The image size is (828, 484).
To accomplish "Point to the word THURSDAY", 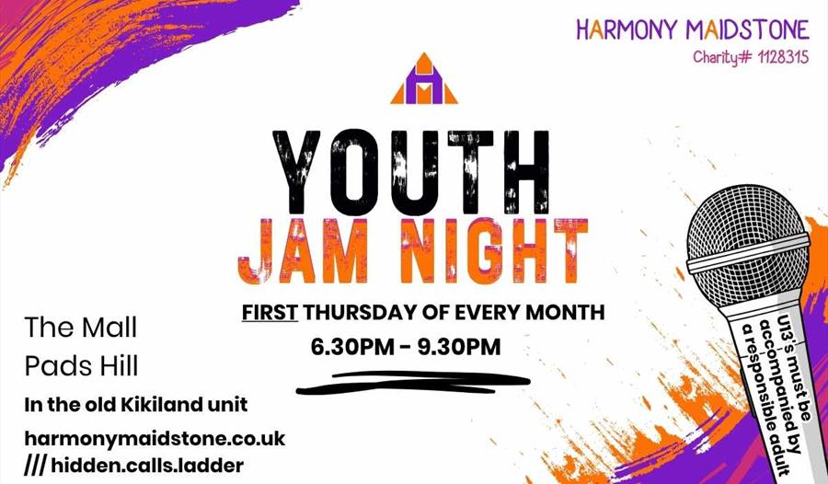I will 361,313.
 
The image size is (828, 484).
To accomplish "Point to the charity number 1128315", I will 778,57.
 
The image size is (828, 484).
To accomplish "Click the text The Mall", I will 81,327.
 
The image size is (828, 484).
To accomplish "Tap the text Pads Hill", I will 81,366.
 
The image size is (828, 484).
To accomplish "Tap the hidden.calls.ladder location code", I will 147,466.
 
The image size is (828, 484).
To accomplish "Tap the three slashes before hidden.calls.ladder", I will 35,466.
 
